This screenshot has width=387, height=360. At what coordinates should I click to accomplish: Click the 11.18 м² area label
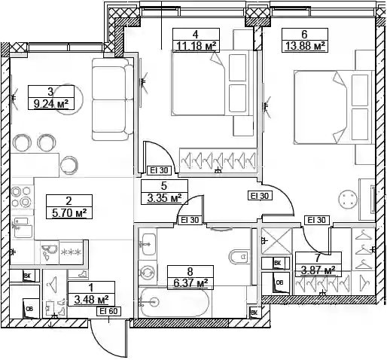click(x=197, y=46)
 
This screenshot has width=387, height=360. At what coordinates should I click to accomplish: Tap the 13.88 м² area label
click(x=305, y=46)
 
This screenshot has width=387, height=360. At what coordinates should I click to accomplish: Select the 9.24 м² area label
click(x=51, y=104)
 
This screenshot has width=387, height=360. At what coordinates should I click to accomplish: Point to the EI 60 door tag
click(x=108, y=311)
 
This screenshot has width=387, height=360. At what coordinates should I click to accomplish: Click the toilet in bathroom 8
click(x=239, y=257)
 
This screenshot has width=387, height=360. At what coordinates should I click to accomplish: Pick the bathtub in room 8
click(x=175, y=302)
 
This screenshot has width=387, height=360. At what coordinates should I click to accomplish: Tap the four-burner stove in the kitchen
click(x=22, y=197)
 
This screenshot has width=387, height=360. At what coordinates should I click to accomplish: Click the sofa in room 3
click(x=112, y=99)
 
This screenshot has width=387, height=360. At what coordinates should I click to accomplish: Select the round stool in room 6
click(x=348, y=197)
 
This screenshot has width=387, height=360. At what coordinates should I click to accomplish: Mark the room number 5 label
click(x=164, y=186)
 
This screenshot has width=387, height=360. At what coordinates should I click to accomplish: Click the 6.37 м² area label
click(x=190, y=283)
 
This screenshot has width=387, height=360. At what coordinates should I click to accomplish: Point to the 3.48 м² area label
click(x=92, y=299)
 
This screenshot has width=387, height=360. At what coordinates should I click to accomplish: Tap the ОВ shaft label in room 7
click(x=279, y=282)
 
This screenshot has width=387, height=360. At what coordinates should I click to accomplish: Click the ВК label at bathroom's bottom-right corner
click(x=254, y=313)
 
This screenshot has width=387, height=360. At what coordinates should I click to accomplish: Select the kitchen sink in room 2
click(x=23, y=227)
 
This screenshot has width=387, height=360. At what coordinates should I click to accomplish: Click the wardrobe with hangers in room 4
click(x=218, y=160)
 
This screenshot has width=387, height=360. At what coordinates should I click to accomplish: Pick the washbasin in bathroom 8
click(x=149, y=244)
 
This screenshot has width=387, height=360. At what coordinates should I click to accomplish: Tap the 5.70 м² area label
click(x=69, y=213)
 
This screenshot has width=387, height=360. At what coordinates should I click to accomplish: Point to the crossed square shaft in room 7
click(x=276, y=241)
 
